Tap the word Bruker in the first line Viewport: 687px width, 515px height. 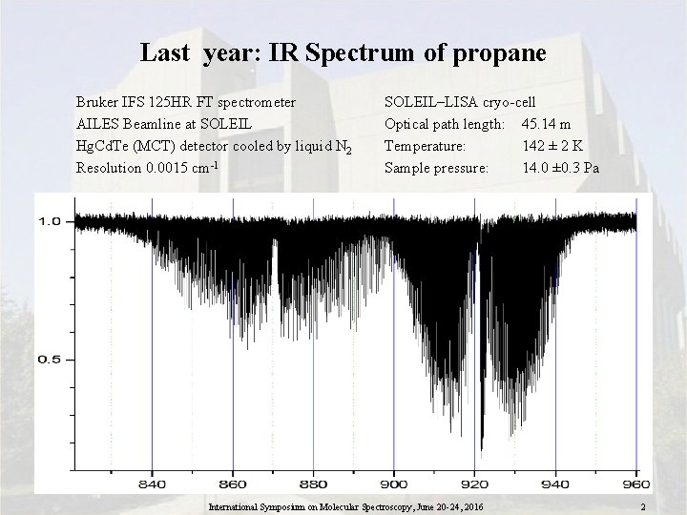(98, 100)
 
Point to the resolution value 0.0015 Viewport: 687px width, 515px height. (166, 169)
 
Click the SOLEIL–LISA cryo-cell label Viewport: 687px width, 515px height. (460, 100)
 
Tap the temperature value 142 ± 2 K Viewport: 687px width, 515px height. (552, 146)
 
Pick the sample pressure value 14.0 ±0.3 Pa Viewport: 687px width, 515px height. (560, 169)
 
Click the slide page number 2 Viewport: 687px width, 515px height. (645, 506)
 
